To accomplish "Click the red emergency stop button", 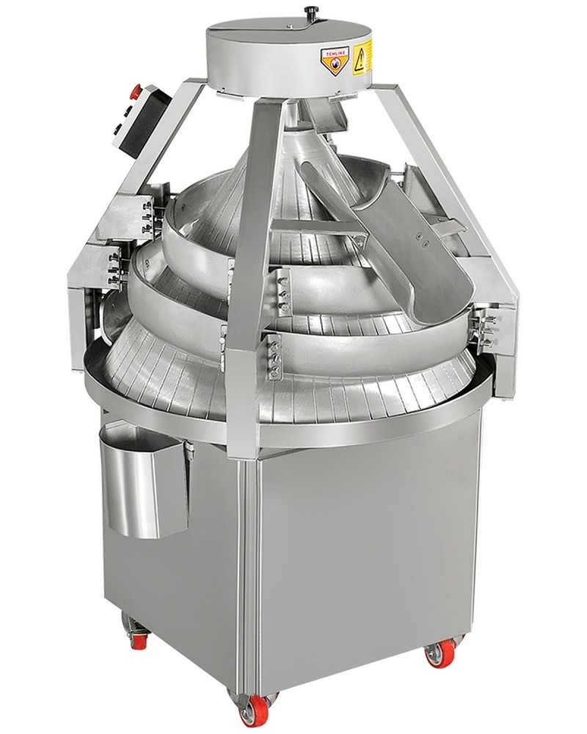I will click(x=134, y=90).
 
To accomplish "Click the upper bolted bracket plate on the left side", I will click(x=144, y=213).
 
